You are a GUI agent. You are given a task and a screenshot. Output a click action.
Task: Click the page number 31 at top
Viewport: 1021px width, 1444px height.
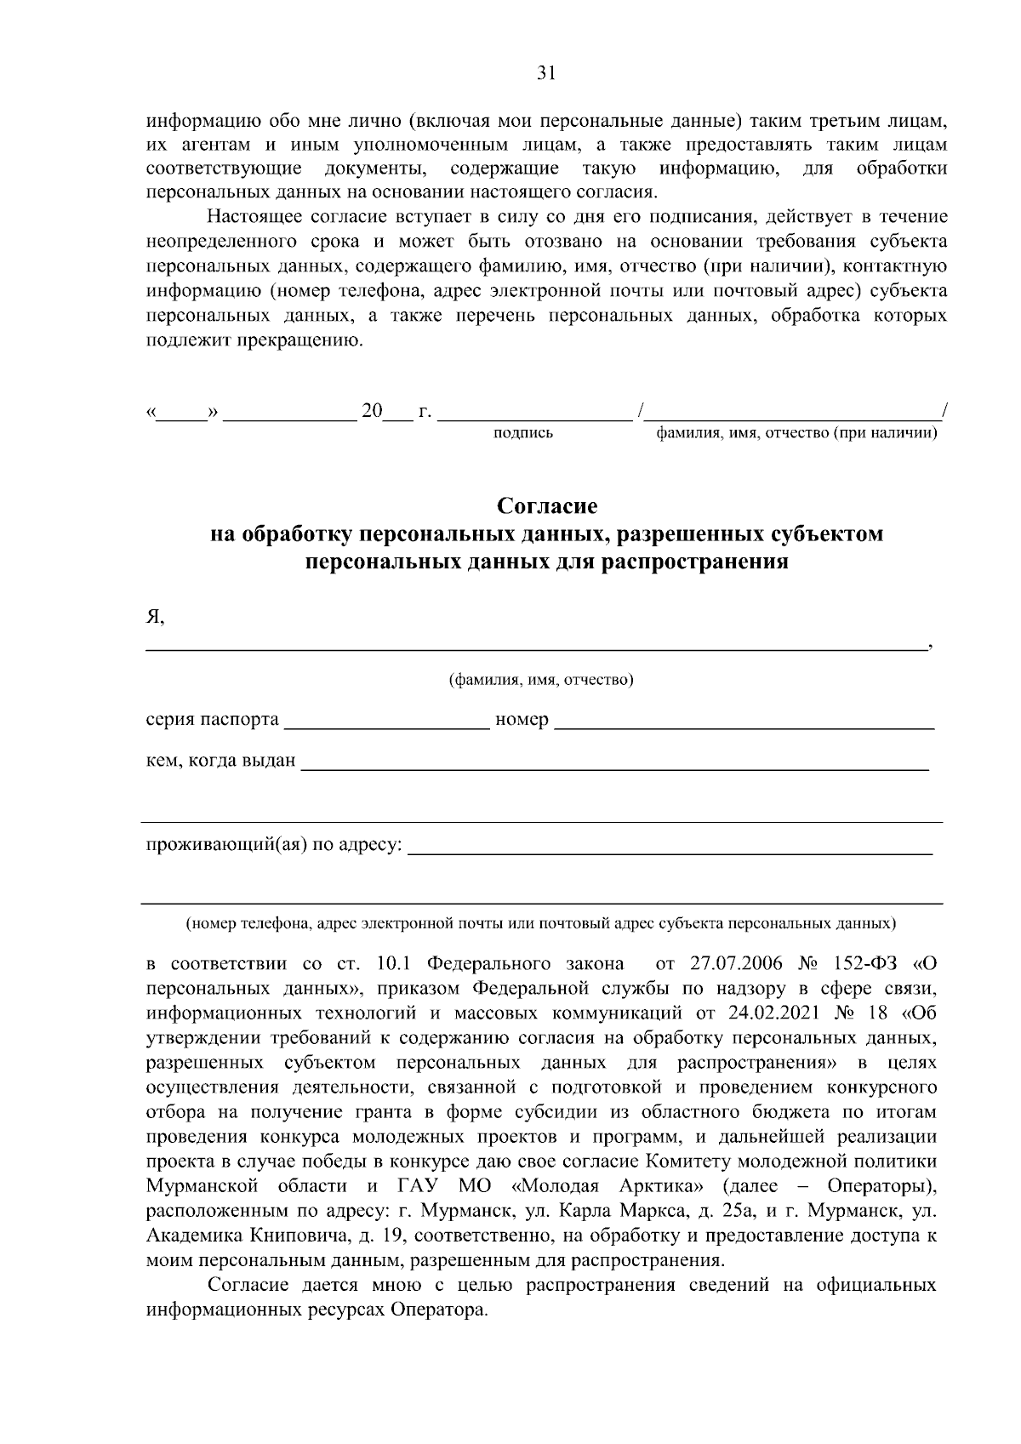click(546, 73)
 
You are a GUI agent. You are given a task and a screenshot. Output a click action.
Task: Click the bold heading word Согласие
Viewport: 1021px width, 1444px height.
click(547, 506)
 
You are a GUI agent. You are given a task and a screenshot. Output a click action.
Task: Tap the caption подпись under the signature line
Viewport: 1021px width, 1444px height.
click(523, 434)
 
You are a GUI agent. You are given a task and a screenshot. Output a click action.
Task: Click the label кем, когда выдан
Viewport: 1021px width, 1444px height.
click(220, 760)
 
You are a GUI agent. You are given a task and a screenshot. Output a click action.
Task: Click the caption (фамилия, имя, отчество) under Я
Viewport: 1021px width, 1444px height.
click(541, 680)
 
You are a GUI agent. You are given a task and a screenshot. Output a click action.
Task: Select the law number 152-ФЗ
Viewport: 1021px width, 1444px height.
click(859, 965)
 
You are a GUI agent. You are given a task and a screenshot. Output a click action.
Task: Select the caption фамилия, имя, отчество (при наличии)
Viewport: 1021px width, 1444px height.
click(796, 434)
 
